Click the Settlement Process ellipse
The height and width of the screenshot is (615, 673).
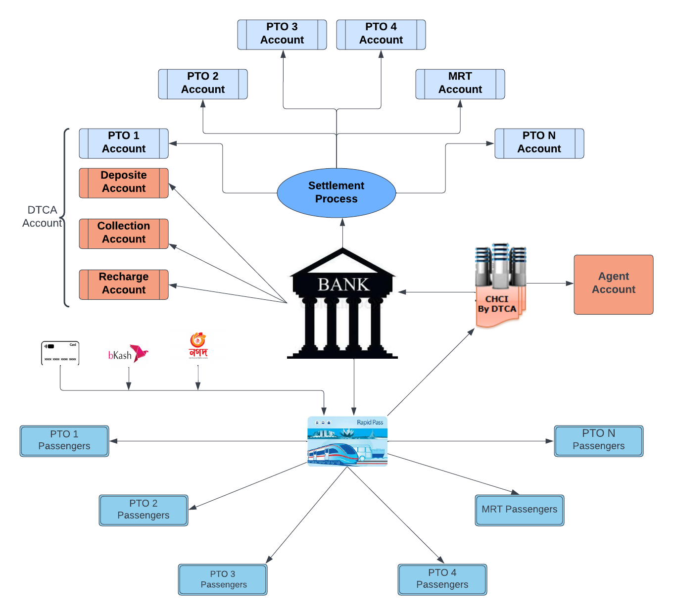coord(336,192)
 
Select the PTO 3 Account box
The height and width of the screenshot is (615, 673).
coord(282,34)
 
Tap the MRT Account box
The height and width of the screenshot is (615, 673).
coord(460,84)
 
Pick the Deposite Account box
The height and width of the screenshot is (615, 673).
coord(124,183)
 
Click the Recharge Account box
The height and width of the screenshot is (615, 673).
coord(124,284)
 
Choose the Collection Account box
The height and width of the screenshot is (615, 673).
coord(124,233)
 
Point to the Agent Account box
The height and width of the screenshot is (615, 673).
coord(613,284)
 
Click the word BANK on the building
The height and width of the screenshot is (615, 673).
coord(343,284)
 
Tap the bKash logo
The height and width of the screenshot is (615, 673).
coord(128,354)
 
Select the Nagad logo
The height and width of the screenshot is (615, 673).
coord(198,345)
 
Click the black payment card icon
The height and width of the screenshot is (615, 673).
coord(60,353)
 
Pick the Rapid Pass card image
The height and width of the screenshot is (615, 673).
coord(347,441)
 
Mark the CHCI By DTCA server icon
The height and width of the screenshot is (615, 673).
coord(500,284)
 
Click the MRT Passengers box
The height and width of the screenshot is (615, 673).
coord(519,510)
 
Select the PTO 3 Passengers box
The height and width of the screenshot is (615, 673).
coord(223,579)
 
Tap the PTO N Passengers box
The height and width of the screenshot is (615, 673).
coord(598,440)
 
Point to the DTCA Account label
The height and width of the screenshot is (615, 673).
coord(42,216)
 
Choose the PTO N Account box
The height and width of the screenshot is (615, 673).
coord(539,143)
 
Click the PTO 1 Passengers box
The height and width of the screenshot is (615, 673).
coord(64,440)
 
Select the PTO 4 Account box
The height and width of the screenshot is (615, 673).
coord(381,34)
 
